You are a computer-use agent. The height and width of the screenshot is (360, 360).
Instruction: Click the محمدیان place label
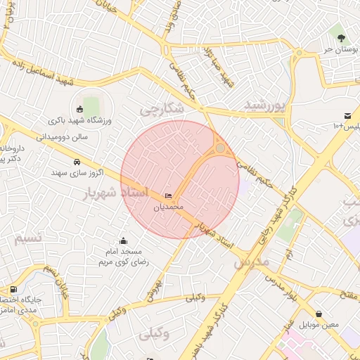[168, 207]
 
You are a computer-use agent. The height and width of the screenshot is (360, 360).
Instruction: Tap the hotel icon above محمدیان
[168, 195]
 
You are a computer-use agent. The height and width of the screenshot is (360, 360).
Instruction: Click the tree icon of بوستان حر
[341, 37]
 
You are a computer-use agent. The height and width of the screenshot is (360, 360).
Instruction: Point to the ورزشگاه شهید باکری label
[83, 121]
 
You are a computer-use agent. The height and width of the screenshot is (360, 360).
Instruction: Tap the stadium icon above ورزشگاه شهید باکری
[79, 109]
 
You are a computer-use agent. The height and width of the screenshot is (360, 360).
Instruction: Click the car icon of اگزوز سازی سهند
[76, 161]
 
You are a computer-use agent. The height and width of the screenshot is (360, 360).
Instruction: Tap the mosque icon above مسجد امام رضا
[124, 241]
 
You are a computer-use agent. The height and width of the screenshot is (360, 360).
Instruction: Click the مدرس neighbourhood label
[250, 261]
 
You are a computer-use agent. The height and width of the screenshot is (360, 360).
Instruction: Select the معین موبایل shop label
[319, 326]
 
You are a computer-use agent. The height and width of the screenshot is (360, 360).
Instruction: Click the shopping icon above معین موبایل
[319, 314]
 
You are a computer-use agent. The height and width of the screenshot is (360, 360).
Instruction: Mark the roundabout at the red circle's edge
[220, 148]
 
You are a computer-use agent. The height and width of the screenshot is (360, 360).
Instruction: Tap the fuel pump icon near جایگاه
[13, 289]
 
